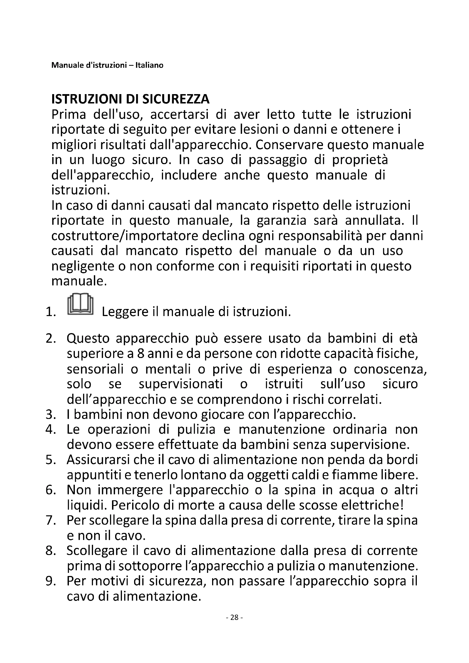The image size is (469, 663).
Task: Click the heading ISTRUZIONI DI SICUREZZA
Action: click(130, 99)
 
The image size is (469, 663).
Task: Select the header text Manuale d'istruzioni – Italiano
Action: click(107, 65)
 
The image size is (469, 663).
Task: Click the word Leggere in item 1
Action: click(125, 312)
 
